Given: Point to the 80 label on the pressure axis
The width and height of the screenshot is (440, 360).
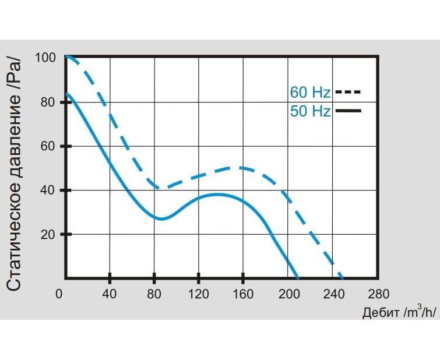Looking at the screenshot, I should click(48, 102).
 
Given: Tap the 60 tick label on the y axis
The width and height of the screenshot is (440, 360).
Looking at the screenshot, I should click(48, 146).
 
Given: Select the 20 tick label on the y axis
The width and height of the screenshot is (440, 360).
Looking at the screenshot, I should click(48, 234).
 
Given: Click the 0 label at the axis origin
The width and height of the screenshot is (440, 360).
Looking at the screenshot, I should click(59, 294).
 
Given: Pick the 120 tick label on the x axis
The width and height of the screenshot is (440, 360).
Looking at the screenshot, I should click(199, 294).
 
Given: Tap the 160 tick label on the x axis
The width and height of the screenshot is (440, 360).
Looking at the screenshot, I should click(243, 294).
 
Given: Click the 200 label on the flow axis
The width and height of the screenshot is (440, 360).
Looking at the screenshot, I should click(287, 294).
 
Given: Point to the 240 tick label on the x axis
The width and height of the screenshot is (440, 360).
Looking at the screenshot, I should click(332, 294).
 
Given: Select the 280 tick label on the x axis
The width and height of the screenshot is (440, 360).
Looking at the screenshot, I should click(377, 294).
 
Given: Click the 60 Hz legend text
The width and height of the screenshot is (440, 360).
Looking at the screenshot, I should click(310, 92).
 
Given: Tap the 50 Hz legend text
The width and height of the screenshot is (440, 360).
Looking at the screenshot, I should click(310, 111).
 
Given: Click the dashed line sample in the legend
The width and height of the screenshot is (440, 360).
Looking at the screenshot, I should click(349, 92).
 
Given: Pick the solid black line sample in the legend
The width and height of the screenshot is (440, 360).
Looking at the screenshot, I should click(349, 111).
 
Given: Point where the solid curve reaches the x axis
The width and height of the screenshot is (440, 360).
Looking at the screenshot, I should click(297, 277).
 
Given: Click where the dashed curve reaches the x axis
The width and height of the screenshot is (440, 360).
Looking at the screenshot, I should click(342, 277).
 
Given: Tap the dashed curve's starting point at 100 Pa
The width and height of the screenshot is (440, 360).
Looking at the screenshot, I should click(66, 57).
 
